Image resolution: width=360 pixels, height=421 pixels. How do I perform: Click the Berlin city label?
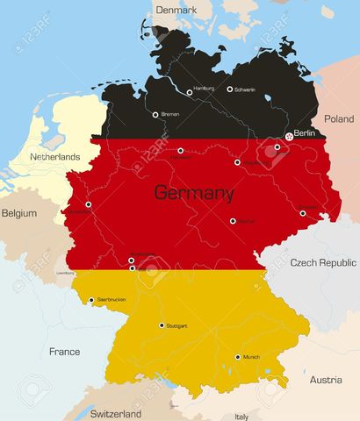point(304,133)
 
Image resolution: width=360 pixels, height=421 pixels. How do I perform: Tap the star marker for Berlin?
point(289,136)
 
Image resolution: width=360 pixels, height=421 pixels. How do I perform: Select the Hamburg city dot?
point(190,91)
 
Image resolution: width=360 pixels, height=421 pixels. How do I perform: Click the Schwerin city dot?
point(230,89)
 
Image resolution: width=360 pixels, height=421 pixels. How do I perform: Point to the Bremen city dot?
point(155,114)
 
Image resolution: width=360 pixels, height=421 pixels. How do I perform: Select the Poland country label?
point(339,118)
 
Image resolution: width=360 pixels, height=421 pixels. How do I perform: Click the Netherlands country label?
point(55,157)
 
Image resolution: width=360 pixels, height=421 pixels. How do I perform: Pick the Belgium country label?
point(19,213)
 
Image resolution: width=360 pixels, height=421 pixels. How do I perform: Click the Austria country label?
point(326,380)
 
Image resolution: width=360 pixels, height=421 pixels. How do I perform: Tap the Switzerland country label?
point(117,413)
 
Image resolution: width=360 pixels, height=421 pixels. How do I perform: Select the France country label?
point(64,352)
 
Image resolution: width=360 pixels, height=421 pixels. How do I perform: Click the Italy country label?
point(241,417)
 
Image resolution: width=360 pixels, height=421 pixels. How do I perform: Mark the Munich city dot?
point(237,357)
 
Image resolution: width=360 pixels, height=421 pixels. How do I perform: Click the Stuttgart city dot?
point(162,325)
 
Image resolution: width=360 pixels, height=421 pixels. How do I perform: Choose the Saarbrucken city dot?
point(91,300)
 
